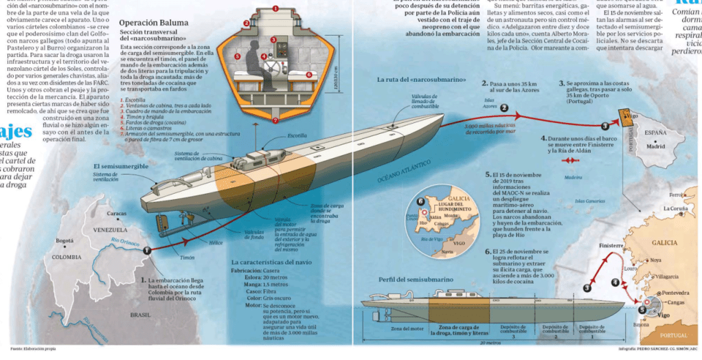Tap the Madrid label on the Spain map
click(x=655, y=146)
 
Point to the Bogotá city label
click(x=65, y=241)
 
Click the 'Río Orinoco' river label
click(x=123, y=242)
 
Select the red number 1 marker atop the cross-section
click(x=275, y=8)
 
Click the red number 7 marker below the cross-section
click(x=275, y=121)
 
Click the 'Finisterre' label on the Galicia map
click(x=610, y=245)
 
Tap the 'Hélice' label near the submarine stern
click(x=216, y=243)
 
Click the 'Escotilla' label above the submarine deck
click(x=297, y=136)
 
